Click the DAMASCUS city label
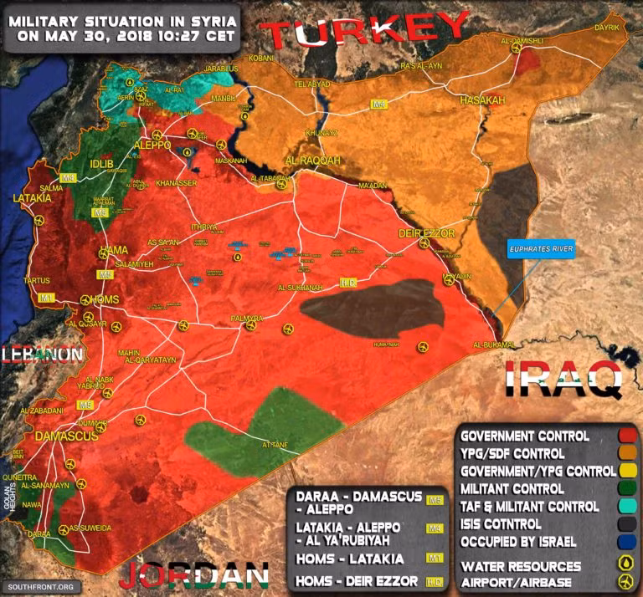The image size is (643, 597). point(66,436)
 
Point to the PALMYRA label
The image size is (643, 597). point(248,319)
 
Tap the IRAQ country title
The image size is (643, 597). point(563,378)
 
